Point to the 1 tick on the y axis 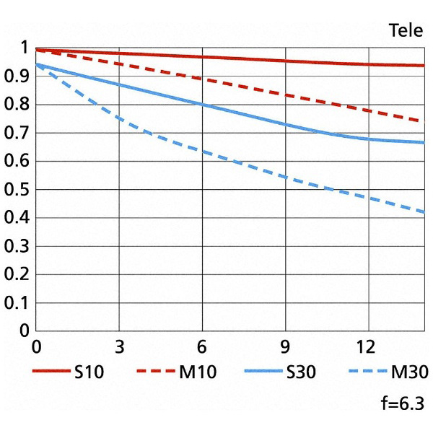(24, 49)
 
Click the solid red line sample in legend (51, 372)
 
